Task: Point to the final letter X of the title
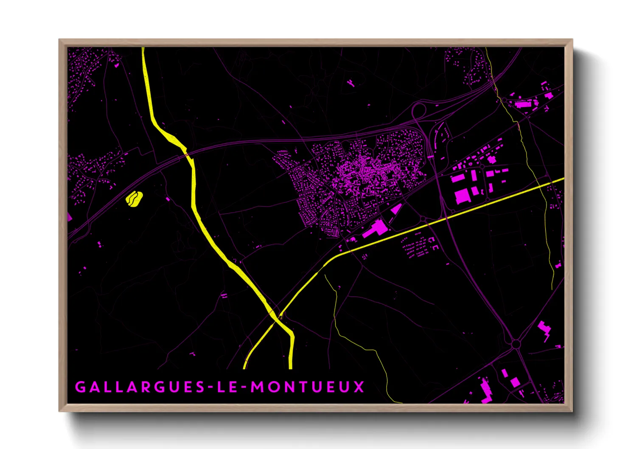click(359, 387)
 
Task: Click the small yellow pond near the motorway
click(134, 199)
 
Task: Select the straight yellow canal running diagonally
click(446, 219)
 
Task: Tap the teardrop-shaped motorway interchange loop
click(419, 111)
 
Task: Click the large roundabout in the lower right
click(516, 343)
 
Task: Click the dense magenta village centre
click(361, 172)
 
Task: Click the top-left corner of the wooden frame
click(59, 40)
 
